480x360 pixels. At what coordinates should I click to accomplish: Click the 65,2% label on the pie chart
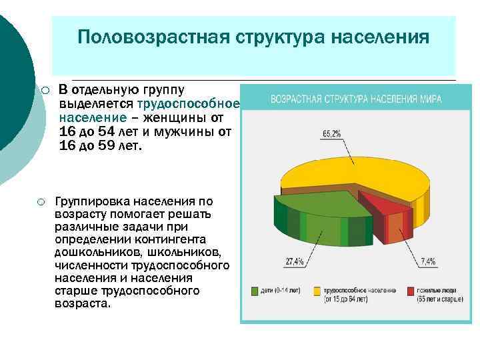pyautogui.click(x=332, y=133)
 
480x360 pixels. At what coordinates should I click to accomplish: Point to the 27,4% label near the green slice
pyautogui.click(x=295, y=261)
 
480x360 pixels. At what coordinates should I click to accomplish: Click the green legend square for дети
pyautogui.click(x=255, y=291)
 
